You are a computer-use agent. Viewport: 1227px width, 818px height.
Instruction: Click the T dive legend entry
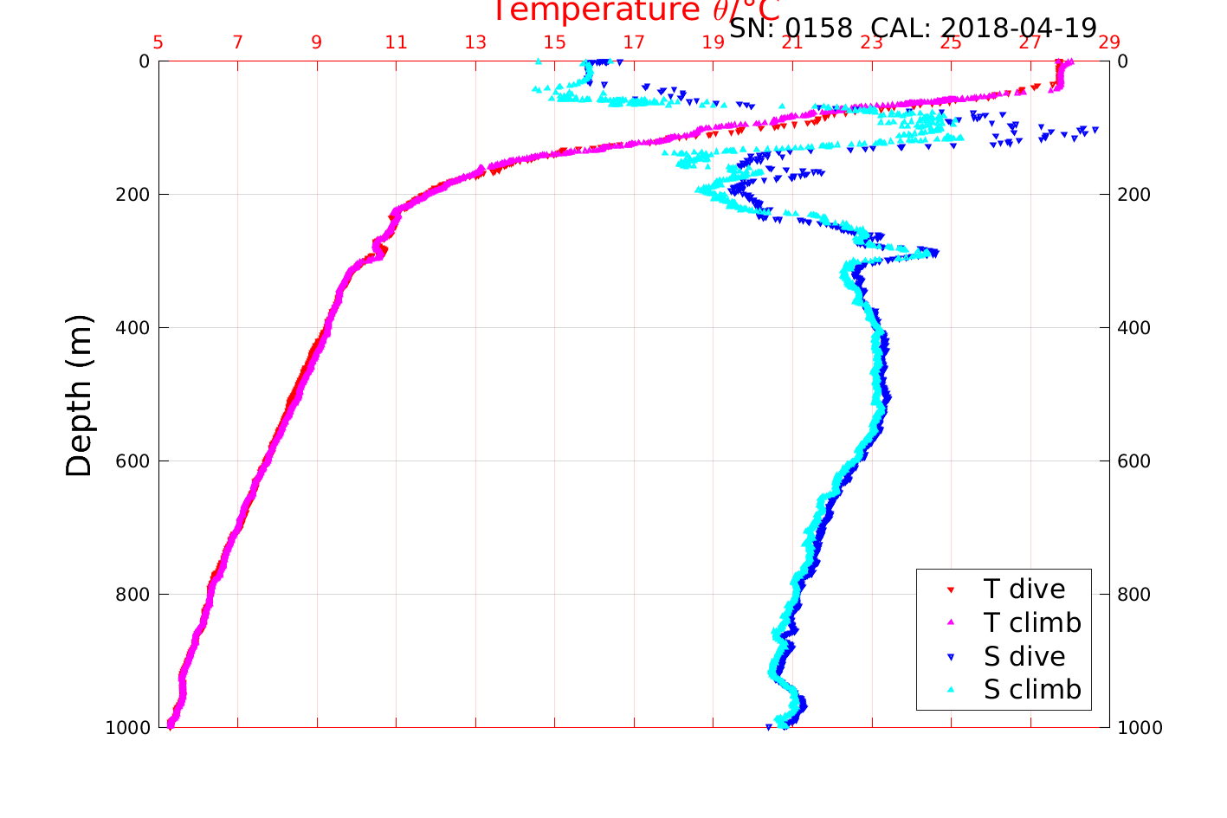point(1024,589)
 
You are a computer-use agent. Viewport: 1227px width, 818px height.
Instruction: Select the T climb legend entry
point(1032,622)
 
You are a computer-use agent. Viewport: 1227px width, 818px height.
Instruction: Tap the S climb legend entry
point(1032,690)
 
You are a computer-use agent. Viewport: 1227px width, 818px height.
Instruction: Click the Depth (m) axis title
point(79,395)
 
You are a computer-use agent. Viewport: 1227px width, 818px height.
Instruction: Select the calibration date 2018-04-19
point(1018,28)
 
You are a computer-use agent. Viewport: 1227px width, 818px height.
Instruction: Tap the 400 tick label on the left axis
point(132,328)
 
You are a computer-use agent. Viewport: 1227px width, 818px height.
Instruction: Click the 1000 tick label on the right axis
point(1140,728)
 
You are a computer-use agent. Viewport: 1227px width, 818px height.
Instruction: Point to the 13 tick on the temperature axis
point(475,42)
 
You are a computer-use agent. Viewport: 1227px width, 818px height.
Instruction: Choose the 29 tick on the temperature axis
point(1109,42)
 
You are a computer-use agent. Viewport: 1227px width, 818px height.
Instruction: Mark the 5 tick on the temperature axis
point(158,42)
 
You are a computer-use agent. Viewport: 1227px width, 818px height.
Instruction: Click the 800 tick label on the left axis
point(132,595)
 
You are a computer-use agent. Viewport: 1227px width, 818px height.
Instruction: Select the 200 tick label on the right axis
point(1133,195)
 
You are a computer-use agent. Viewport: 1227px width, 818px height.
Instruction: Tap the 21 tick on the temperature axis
point(792,42)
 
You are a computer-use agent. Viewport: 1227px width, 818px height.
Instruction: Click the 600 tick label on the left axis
point(132,461)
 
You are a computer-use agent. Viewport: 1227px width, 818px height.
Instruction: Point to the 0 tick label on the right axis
point(1123,61)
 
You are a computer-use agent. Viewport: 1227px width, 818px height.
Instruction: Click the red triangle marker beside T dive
point(950,589)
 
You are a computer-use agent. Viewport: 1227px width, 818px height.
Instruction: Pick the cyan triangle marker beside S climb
point(950,690)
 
